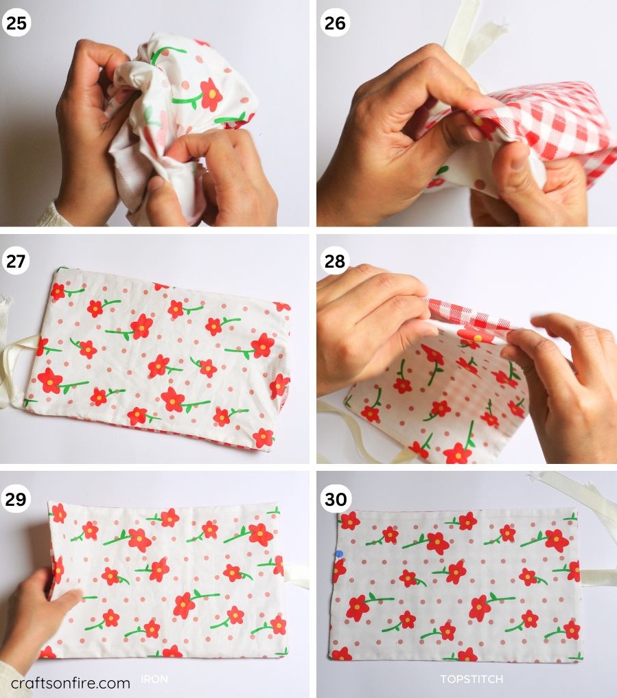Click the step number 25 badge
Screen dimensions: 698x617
[x=16, y=23]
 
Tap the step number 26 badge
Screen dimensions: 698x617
[x=335, y=23]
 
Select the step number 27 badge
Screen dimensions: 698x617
[x=16, y=261]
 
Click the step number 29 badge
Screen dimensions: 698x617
[x=16, y=499]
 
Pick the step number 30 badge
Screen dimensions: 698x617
[x=336, y=499]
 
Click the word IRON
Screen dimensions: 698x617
[x=154, y=679]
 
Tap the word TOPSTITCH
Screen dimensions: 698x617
[x=472, y=679]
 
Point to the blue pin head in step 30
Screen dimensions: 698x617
[x=339, y=555]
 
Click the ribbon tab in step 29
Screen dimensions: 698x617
[x=296, y=577]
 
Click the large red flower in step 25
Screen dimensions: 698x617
[x=211, y=94]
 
